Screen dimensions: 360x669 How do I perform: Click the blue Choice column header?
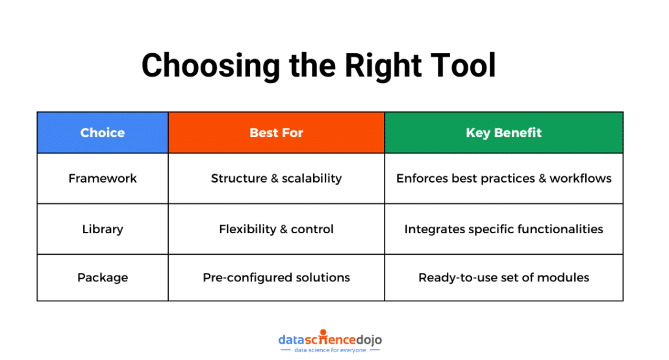coord(103,133)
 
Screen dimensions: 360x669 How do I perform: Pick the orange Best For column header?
coord(276,133)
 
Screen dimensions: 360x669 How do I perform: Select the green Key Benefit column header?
coord(503,133)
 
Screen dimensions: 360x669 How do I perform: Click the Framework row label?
coord(103,178)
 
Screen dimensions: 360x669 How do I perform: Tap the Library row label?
coord(103,229)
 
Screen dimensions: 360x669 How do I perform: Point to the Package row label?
coord(103,277)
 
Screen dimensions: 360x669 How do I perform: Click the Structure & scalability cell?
coord(276,178)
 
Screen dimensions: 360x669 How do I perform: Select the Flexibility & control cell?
coord(276,229)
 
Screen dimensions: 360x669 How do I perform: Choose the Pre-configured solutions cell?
coord(276,277)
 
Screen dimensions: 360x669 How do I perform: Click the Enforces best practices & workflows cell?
coord(503,178)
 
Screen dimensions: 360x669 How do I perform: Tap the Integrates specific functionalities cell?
coord(503,229)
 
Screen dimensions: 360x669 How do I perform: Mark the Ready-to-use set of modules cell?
coord(503,277)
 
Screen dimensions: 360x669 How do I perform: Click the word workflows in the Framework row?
coord(581,178)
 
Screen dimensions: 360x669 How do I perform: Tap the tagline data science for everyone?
coord(330,350)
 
